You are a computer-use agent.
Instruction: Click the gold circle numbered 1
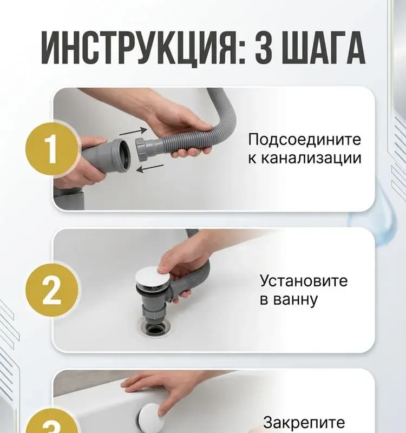coord(52,149)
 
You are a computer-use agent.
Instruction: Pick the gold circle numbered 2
coord(52,290)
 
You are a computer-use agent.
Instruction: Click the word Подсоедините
coord(304,140)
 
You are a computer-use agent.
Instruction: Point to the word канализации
coord(304,159)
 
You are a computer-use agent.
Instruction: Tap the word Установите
coord(304,280)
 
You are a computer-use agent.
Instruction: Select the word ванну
coord(289,300)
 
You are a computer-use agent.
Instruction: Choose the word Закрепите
coord(304,422)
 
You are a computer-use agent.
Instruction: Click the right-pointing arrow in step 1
coord(133,131)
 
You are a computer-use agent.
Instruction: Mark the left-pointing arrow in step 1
coord(150,168)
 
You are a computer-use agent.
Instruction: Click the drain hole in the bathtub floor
coord(154,329)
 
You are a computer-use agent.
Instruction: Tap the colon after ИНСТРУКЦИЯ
coord(241,54)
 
